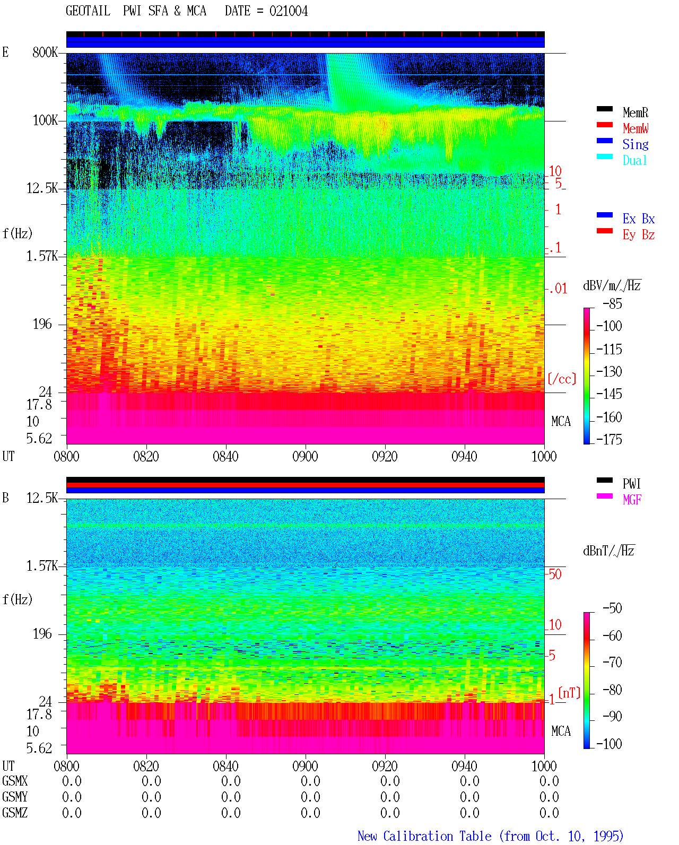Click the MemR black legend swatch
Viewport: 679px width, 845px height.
pos(604,109)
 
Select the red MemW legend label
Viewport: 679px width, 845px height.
pos(636,128)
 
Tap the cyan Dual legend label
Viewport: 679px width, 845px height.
pos(634,160)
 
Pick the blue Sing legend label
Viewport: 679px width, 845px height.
pos(636,144)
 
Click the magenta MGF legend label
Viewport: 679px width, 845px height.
pos(632,500)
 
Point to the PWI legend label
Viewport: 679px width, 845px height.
pos(631,483)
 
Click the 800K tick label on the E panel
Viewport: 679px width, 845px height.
pos(45,52)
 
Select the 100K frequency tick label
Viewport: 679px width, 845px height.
pos(45,120)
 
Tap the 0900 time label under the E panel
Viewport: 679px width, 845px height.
pos(305,456)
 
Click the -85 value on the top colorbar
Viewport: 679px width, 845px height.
pos(612,304)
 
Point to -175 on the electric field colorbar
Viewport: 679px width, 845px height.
pos(609,439)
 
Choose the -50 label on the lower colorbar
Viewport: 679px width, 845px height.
pos(612,608)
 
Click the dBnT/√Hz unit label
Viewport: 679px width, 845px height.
pos(608,551)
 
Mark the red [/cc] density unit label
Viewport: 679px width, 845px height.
pos(562,379)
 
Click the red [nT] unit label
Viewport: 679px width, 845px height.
pos(569,692)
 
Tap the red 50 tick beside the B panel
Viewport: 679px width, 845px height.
pos(555,574)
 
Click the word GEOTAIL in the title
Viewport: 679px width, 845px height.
pos(88,11)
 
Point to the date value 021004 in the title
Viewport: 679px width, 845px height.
pos(289,11)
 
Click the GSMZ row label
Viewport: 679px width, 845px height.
pos(15,813)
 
